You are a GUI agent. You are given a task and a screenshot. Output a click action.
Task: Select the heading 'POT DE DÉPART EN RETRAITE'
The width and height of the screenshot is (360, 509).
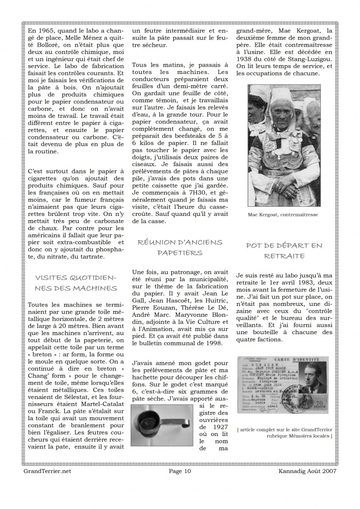(x=284, y=250)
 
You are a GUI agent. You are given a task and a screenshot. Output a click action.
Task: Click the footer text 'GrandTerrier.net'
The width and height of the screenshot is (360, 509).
(x=47, y=470)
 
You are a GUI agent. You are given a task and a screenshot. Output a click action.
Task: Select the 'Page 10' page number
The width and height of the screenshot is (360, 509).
(x=179, y=470)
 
